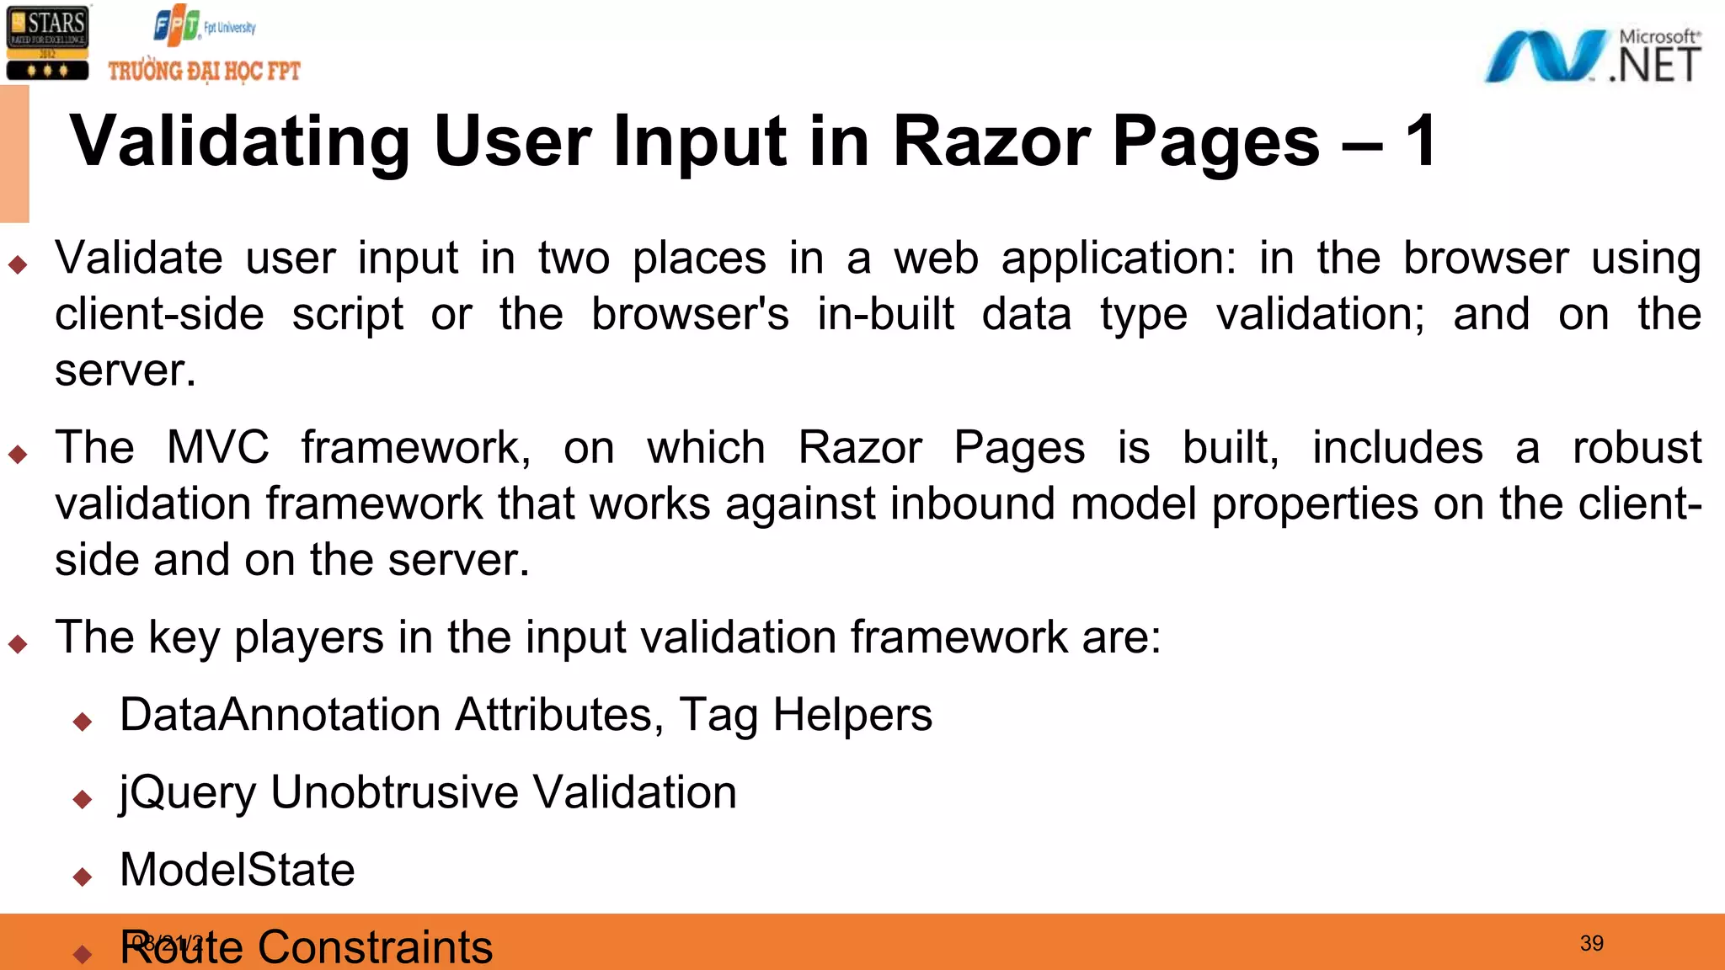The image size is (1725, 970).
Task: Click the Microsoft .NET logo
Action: [1593, 56]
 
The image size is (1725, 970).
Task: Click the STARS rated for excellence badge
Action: [47, 43]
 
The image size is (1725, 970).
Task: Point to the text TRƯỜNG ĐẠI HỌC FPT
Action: [204, 71]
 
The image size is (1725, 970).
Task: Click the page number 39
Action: [1591, 943]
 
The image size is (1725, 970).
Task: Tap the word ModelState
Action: [237, 870]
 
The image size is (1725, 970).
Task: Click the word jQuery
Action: [187, 793]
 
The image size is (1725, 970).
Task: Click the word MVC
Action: [217, 447]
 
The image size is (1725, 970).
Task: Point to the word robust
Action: [1637, 447]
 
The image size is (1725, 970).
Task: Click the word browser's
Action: [690, 315]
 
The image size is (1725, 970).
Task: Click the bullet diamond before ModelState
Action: [83, 877]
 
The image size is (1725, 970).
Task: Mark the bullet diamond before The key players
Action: [18, 645]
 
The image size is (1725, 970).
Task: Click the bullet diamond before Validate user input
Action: [18, 265]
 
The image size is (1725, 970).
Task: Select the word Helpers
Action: [852, 715]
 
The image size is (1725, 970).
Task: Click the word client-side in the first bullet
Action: [159, 315]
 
